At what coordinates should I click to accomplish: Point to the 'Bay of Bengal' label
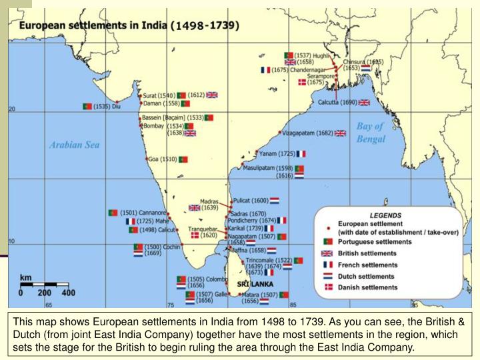pos(371,132)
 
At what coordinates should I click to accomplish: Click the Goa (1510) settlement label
pos(162,159)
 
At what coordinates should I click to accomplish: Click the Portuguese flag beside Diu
pos(87,106)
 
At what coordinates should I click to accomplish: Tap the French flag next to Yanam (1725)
pos(301,153)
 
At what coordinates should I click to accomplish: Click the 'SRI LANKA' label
pos(257,282)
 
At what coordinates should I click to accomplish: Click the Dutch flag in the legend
pos(327,276)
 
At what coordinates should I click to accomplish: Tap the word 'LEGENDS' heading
pos(385,215)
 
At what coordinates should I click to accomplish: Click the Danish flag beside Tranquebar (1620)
pos(195,235)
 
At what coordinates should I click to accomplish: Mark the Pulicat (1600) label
pos(251,200)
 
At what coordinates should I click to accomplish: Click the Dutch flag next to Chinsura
pos(366,68)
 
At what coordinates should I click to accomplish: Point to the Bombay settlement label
pos(155,126)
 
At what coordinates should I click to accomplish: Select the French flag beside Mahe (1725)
pos(130,221)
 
